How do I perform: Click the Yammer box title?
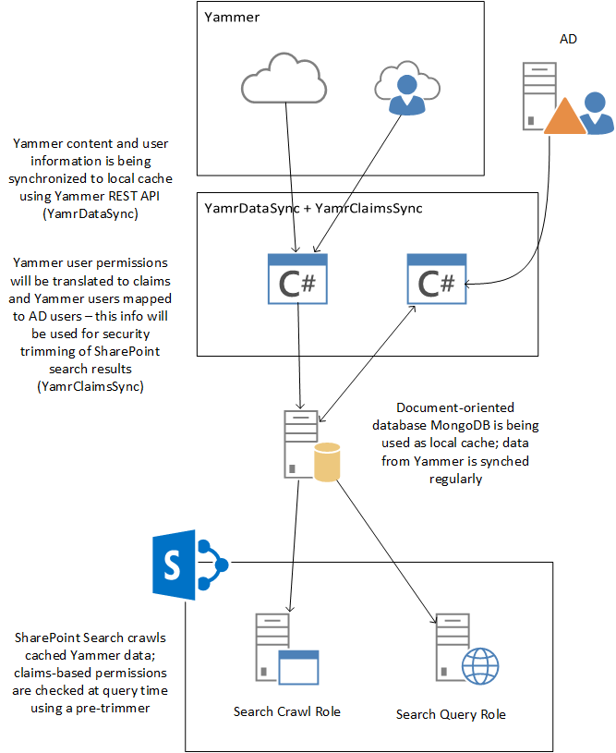point(231,17)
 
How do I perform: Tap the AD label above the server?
point(570,40)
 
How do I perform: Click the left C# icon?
point(297,278)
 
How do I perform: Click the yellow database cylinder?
point(327,462)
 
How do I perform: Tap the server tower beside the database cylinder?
point(300,444)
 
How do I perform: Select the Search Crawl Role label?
point(287,711)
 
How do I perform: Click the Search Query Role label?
point(451,714)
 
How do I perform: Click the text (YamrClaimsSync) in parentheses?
point(91,387)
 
